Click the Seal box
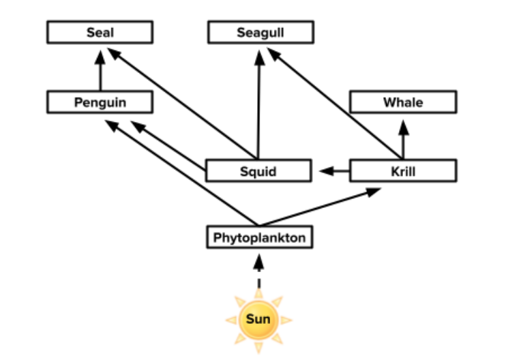point(100,32)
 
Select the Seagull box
point(261,32)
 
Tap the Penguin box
point(100,102)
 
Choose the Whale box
point(402,102)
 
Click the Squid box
point(258,170)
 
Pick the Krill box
point(402,170)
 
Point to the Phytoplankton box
point(258,237)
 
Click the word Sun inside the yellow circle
point(258,319)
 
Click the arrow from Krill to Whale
point(403,140)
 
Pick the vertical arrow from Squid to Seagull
point(258,102)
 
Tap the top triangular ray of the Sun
point(258,291)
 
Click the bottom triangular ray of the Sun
point(258,348)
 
